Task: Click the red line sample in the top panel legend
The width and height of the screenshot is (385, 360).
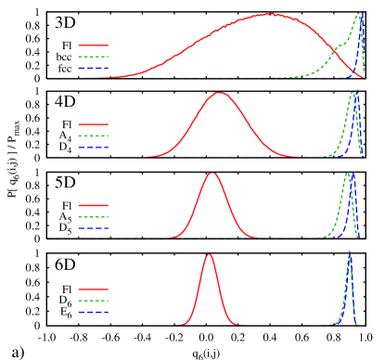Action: point(93,45)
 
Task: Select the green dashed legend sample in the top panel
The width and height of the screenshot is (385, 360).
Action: point(93,57)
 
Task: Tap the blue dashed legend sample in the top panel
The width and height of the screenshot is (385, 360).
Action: point(93,68)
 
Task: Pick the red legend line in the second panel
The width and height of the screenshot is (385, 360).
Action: point(93,124)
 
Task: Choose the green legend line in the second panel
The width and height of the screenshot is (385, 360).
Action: point(93,135)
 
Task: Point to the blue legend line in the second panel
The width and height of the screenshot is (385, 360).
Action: point(93,147)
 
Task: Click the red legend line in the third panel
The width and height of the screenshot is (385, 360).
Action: point(93,205)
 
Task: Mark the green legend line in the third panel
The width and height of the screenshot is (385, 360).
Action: point(93,216)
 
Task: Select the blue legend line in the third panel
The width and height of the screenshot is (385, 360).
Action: point(93,227)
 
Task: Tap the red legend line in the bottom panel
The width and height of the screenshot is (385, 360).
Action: point(93,289)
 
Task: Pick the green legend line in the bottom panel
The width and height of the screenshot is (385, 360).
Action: point(93,301)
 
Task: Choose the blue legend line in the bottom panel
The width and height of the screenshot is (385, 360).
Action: point(93,312)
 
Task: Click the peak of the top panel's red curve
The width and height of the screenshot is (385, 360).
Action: point(270,14)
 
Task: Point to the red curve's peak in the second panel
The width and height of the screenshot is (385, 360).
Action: point(220,93)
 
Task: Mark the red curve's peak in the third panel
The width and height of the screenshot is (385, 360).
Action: point(212,174)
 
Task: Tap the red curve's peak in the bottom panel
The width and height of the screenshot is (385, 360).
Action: point(209,254)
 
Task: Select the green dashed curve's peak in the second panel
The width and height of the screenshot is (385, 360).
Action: point(353,93)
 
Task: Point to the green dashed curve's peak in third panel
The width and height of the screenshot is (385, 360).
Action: point(348,174)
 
